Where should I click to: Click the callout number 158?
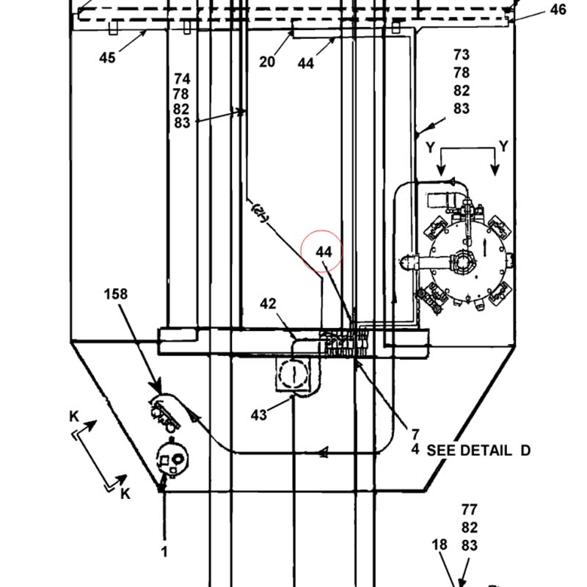(x=116, y=294)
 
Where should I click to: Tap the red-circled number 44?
(x=324, y=252)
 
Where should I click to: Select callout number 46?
(x=558, y=10)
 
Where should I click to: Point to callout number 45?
(x=107, y=58)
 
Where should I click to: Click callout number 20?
(x=267, y=62)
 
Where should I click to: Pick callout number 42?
(x=268, y=304)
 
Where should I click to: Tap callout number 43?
(x=259, y=415)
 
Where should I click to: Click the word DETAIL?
(x=486, y=451)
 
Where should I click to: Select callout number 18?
(x=440, y=544)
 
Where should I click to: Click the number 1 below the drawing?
(x=164, y=552)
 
